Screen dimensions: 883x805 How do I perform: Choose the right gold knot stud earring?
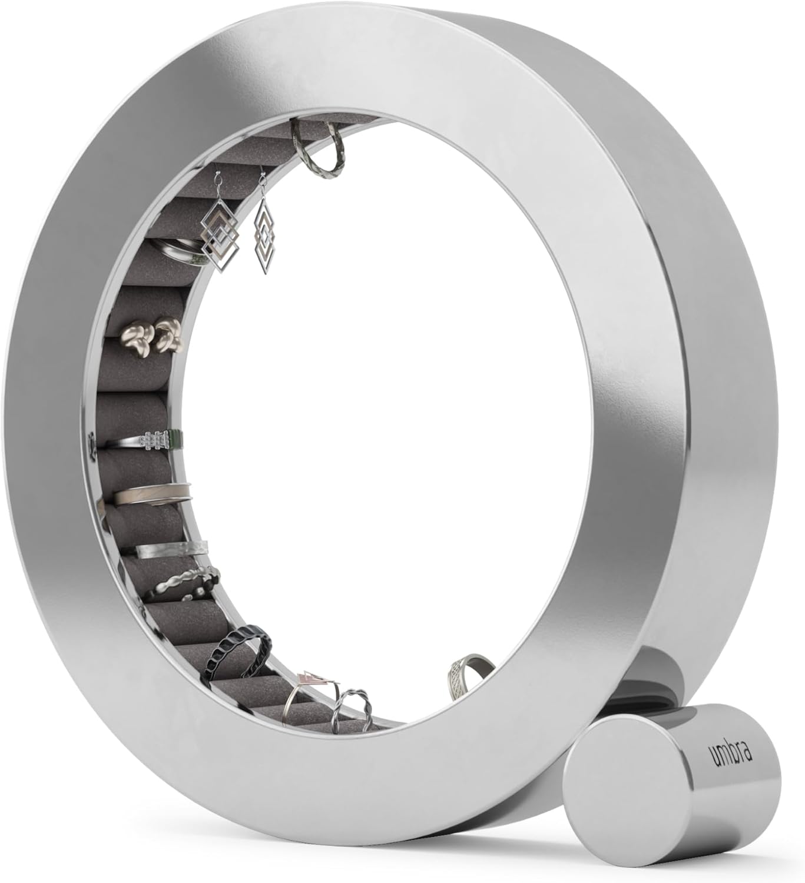point(164,334)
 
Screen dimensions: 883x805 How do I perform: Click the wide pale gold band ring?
point(153,493)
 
